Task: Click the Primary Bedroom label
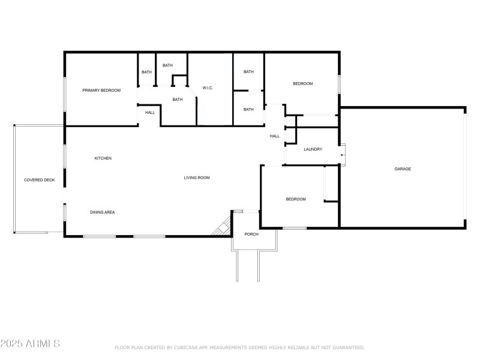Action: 101,91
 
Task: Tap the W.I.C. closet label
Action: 208,88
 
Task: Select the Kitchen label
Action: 103,158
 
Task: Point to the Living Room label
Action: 196,178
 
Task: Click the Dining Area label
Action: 102,212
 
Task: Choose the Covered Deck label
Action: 39,180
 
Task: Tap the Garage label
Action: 403,169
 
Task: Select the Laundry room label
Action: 313,149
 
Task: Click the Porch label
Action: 251,234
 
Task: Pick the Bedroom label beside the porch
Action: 295,199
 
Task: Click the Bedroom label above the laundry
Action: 302,84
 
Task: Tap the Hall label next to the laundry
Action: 275,136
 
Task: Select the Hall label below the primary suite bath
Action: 149,112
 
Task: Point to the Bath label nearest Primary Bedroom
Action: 146,73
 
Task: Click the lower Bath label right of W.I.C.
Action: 248,109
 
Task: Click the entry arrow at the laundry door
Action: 341,156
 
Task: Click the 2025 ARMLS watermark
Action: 30,344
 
